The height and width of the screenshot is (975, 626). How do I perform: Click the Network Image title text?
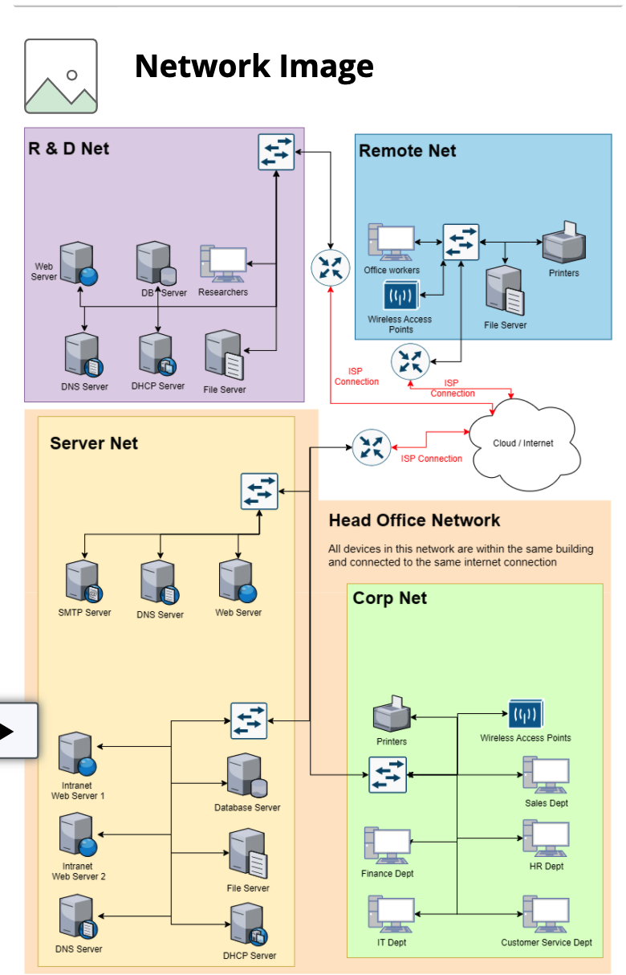click(x=254, y=66)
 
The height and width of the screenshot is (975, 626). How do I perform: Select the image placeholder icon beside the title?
click(x=61, y=76)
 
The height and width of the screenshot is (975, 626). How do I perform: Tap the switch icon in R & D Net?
click(x=276, y=152)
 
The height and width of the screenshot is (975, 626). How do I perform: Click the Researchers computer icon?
click(x=223, y=264)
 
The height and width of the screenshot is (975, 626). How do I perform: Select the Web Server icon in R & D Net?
click(x=78, y=264)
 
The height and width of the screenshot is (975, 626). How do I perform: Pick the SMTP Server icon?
click(x=84, y=583)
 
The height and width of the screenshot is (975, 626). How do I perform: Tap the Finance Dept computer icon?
click(x=388, y=846)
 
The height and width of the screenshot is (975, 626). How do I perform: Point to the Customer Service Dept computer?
click(x=547, y=914)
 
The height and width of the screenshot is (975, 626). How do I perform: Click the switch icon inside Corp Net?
click(x=388, y=774)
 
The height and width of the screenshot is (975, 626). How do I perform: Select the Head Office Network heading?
click(x=414, y=520)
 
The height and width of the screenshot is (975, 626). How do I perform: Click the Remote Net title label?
click(x=407, y=150)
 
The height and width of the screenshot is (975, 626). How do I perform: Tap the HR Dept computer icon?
click(x=546, y=839)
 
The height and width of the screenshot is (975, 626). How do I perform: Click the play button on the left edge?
click(x=8, y=731)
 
